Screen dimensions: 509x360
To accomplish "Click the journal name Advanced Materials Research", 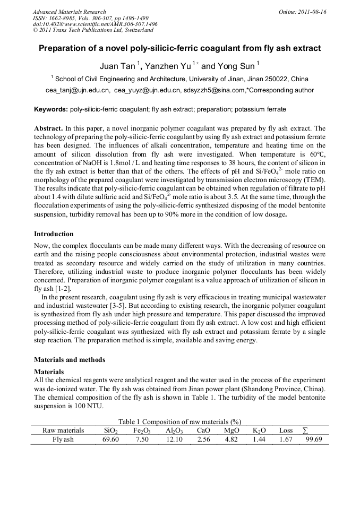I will (x=69, y=12).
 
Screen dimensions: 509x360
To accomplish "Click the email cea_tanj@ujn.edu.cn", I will (x=78, y=90).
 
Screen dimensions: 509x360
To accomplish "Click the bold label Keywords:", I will (x=51, y=109).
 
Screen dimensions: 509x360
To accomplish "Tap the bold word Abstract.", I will (x=48, y=128).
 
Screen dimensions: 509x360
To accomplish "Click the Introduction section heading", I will (x=54, y=234).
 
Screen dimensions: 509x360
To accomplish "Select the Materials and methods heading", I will (x=70, y=359).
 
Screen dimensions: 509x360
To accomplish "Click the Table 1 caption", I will (x=179, y=421).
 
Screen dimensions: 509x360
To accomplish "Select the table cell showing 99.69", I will (x=314, y=439).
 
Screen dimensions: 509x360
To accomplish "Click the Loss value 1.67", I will (x=286, y=439).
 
